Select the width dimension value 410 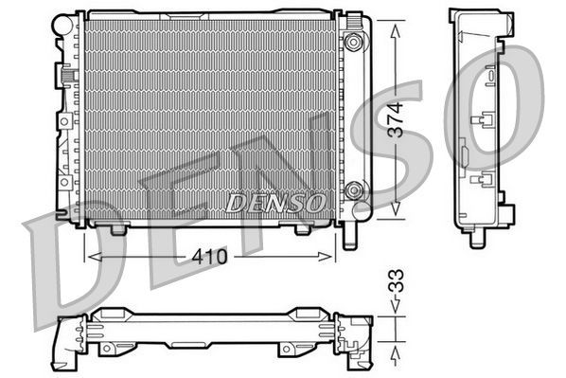[x=211, y=256]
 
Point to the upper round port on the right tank [x=354, y=42]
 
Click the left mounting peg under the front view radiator [x=117, y=228]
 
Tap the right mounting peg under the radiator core [x=303, y=228]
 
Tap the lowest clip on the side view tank [x=482, y=180]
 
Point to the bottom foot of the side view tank [x=475, y=240]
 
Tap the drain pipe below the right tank [x=353, y=231]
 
